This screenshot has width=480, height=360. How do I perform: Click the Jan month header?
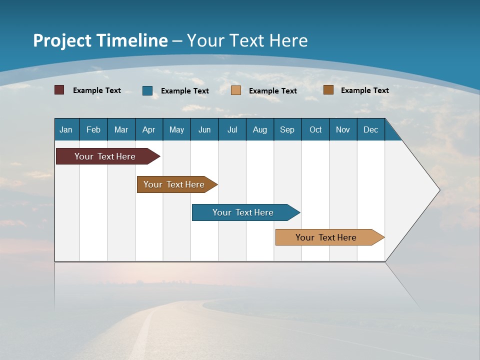[66, 129]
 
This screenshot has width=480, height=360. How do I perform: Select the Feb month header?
[93, 129]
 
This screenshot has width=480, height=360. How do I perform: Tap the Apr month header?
[149, 129]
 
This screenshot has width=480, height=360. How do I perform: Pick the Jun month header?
[204, 129]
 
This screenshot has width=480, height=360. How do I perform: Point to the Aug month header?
[260, 129]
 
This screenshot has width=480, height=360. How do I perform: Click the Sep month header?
[287, 129]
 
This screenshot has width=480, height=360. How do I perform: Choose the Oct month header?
[315, 129]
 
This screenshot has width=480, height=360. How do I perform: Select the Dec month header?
[371, 129]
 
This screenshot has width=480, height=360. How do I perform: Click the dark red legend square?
[59, 90]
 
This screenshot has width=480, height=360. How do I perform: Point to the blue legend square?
[147, 90]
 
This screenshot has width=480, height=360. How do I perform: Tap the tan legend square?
[236, 90]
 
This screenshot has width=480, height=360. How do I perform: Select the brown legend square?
[328, 90]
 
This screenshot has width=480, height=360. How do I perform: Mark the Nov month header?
[343, 129]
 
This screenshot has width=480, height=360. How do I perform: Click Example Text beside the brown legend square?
[364, 90]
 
